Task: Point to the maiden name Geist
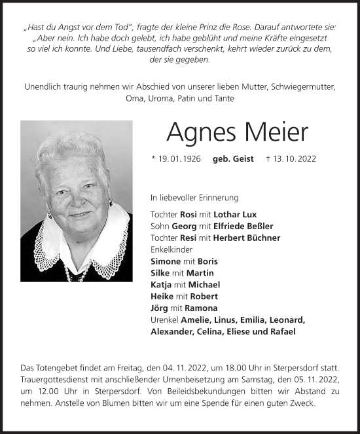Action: pos(245,160)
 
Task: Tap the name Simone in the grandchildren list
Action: pos(166,261)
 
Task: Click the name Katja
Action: pos(162,284)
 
